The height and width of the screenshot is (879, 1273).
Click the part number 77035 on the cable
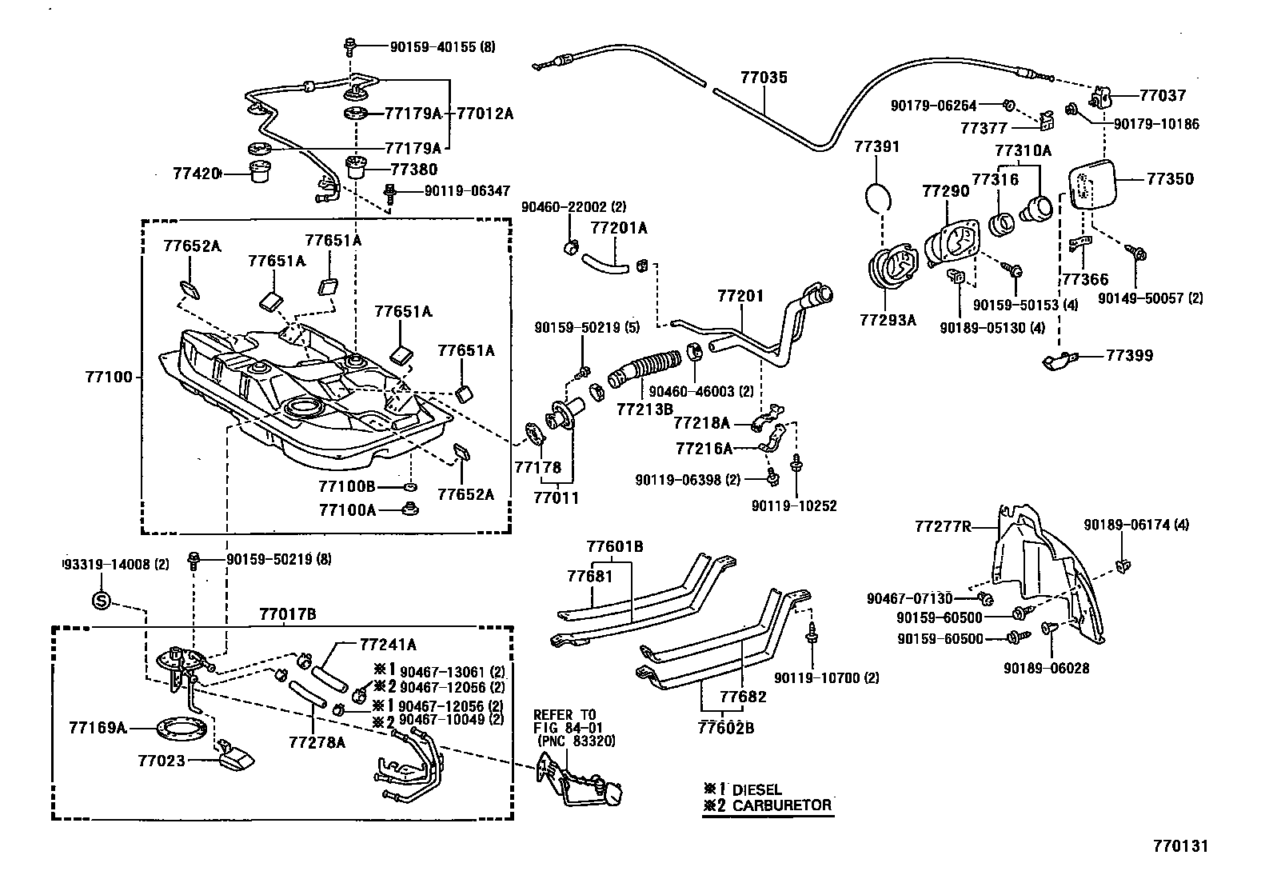click(764, 78)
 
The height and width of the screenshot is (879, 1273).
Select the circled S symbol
click(101, 600)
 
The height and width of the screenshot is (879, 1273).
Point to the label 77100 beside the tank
click(107, 375)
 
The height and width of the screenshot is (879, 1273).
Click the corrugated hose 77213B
click(644, 370)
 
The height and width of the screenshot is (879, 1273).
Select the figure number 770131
click(1179, 845)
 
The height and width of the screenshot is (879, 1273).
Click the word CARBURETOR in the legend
click(782, 805)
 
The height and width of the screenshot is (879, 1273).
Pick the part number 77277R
click(943, 526)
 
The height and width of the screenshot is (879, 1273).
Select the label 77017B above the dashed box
click(287, 614)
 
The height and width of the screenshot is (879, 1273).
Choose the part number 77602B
click(725, 728)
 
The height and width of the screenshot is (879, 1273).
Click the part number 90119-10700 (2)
click(826, 678)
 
